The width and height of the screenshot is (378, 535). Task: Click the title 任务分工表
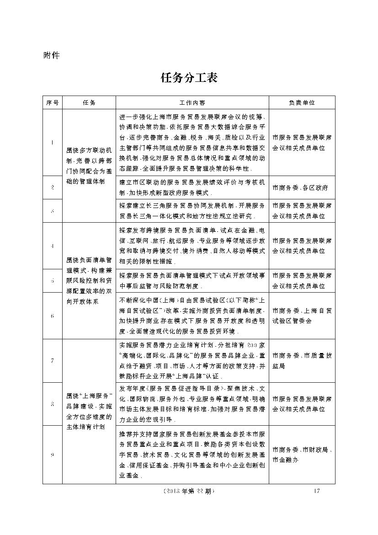pos(189,78)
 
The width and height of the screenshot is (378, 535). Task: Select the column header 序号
pos(53,102)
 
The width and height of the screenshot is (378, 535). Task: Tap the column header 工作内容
pos(192,102)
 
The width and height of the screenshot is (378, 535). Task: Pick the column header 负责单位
pos(302,102)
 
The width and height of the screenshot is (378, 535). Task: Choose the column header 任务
pos(89,102)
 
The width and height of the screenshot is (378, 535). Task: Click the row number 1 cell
pos(53,142)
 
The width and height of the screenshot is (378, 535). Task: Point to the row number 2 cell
pos(53,187)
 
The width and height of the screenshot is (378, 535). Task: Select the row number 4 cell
pos(53,246)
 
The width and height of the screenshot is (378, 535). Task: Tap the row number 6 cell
pos(53,316)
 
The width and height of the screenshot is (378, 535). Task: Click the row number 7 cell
pos(53,361)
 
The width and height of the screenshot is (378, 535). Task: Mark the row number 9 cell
pos(53,455)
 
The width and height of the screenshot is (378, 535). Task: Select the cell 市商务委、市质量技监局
pos(302,361)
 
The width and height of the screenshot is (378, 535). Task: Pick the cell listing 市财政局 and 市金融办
pos(302,455)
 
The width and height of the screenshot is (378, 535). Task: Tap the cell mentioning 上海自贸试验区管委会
pos(302,316)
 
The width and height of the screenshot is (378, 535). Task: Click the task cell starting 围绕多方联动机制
pos(89,166)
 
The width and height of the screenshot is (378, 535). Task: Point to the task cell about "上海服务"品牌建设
pos(89,411)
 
